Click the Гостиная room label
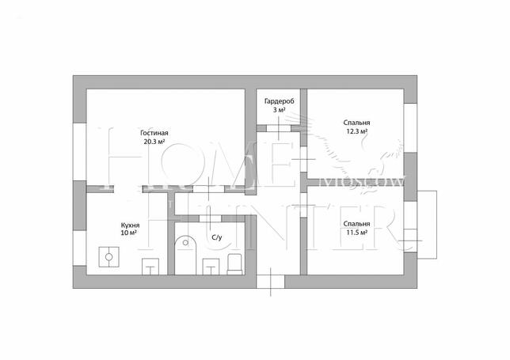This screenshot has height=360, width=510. pos(154,133)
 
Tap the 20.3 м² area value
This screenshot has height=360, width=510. pos(154,142)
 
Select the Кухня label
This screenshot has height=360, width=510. pos(130,225)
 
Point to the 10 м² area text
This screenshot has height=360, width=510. pos(128,233)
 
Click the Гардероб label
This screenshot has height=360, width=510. pos(280,101)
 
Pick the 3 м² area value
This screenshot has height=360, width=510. pos(280,110)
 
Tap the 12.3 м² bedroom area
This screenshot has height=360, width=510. pos(357,131)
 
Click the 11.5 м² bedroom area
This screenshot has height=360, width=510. pos(357,233)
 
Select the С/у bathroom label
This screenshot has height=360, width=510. pos(217,237)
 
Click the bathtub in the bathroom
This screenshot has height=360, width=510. pos(186,255)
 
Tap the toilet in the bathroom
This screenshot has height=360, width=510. pos(235,264)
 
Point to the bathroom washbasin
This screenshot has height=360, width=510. pos(211,267)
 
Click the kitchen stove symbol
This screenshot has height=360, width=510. pos(109,257)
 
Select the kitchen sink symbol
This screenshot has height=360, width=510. pos(150,267)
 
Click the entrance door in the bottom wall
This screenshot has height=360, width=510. pos(271,282)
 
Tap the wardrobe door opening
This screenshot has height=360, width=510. pos(279,128)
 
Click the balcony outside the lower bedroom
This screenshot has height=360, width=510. pos(427,225)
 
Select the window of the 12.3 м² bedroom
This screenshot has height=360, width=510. pos(410,128)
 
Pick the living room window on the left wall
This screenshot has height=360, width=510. pos(80,152)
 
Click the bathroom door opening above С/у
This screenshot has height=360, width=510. pos(210,218)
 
